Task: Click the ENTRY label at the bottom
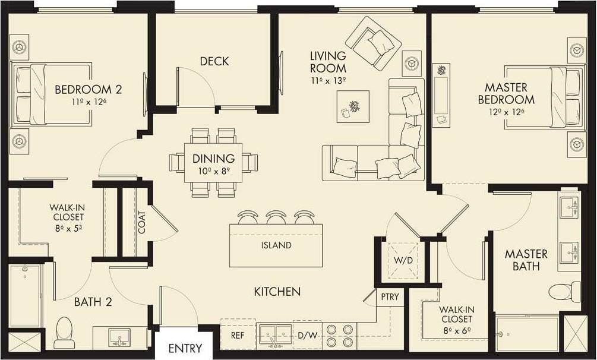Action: tap(185, 348)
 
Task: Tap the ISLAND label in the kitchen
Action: tap(276, 245)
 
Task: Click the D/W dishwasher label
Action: tap(307, 336)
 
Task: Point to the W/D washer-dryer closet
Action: tap(399, 260)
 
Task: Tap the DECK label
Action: tap(214, 61)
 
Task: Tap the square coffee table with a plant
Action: tap(353, 106)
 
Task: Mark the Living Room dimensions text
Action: tap(327, 81)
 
